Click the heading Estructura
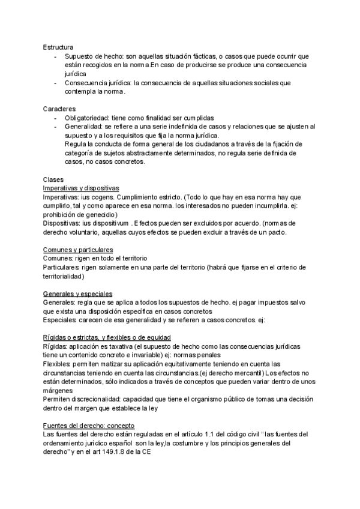pos(58,47)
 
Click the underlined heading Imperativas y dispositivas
pos(82,188)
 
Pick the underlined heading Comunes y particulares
pos(79,249)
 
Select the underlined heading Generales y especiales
pos(78,294)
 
